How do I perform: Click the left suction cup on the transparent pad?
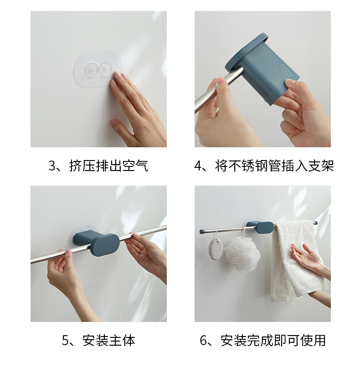92,69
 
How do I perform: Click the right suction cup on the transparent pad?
105,68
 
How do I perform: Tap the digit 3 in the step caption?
52,166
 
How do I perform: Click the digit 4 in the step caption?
198,166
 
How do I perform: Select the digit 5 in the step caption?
65,341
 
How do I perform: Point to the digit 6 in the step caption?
203,341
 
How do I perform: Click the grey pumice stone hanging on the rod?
216,248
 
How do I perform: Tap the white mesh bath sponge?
242,254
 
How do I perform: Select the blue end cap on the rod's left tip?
201,231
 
